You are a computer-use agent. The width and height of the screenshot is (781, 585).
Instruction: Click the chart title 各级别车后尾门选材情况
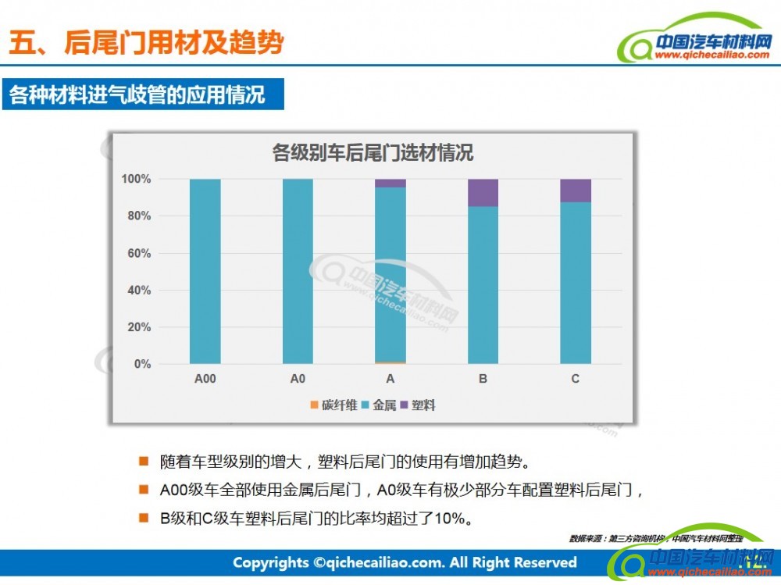coord(373,152)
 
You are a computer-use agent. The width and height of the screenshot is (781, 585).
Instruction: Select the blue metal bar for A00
coord(205,271)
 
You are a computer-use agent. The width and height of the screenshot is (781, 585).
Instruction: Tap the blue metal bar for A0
coord(298,271)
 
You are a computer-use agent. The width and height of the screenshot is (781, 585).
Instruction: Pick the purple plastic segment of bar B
coord(483,193)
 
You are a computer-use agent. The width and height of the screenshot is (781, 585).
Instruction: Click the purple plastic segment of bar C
coord(576,191)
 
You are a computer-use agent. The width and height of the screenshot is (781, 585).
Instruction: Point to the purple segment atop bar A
coord(390,184)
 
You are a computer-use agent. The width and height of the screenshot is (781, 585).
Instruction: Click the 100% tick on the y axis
coord(136,179)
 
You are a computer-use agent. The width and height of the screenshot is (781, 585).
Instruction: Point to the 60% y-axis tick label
coord(138,253)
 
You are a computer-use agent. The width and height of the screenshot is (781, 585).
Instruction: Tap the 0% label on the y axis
coord(141,364)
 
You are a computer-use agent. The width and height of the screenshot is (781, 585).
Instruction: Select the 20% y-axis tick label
coord(138,327)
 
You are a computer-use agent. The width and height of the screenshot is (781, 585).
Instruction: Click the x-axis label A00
coord(205,380)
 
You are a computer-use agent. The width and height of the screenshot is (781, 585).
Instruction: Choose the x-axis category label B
coord(483,380)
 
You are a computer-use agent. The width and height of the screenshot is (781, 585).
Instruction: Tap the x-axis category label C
coord(576,380)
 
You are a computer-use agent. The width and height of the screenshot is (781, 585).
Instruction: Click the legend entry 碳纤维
coord(333,405)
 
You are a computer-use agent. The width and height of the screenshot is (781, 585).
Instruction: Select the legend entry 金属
coord(380,405)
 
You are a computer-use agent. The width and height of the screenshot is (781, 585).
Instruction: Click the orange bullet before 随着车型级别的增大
coord(143,461)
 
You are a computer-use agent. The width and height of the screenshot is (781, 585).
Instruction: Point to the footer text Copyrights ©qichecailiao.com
coord(404,562)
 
